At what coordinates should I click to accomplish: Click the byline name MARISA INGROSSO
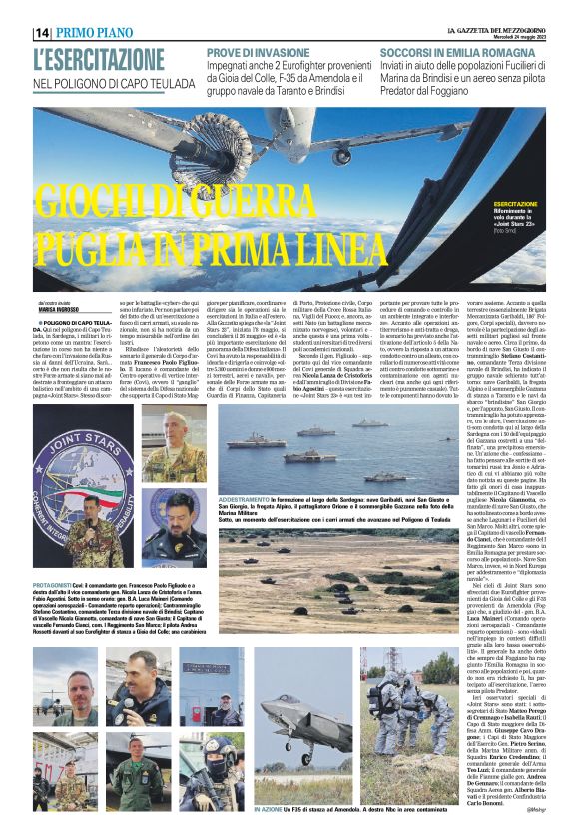tap(58, 310)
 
